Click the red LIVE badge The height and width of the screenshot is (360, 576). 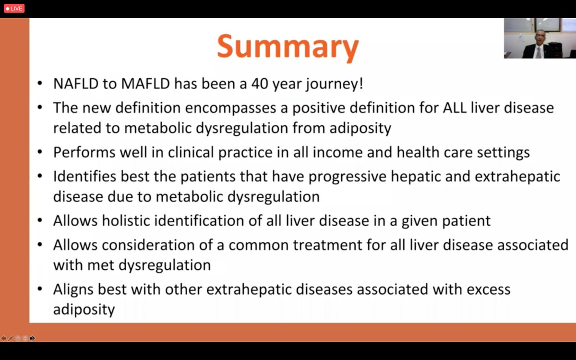coord(14,8)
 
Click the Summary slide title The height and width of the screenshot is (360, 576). coord(288,47)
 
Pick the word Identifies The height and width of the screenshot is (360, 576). coord(84,176)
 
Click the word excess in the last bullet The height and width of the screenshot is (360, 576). coord(489,289)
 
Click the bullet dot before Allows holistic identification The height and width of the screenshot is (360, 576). coord(41,221)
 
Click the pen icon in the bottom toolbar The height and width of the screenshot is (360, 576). coord(11,338)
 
